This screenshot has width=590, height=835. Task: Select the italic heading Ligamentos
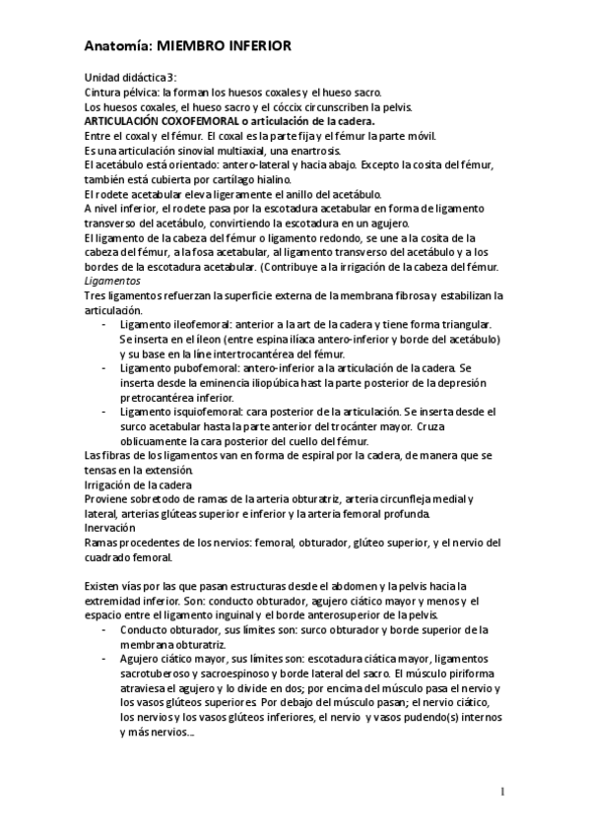(x=112, y=281)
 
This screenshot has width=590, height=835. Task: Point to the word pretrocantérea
(x=164, y=397)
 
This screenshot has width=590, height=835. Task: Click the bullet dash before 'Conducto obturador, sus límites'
(x=105, y=630)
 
